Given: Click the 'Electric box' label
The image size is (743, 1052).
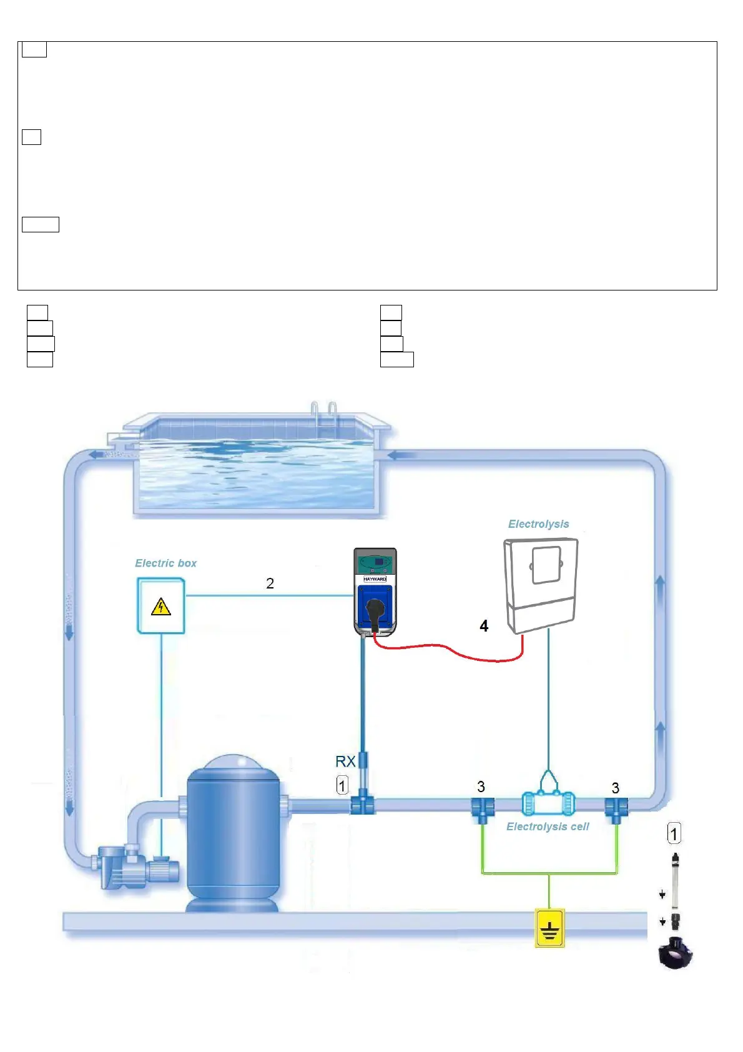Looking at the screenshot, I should point(165,563).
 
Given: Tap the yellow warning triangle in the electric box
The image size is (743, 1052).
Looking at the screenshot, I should point(161,607).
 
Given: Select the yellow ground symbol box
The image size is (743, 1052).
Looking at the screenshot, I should point(549,928).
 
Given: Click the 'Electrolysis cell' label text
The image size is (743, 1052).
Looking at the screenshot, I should point(548,826).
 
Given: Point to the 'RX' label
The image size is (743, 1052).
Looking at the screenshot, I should point(345,762).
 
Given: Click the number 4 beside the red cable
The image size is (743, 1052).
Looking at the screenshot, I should point(484,626).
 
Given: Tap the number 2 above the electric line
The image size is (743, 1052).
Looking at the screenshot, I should point(270,583).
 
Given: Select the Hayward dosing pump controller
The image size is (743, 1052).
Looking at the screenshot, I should point(375,591).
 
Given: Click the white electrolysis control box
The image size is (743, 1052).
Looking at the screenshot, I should point(540,583).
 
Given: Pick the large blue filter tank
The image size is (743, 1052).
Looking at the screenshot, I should point(233,834).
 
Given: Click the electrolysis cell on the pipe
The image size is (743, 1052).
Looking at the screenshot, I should point(548,803).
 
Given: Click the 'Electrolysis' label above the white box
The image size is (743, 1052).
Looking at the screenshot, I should point(538,524).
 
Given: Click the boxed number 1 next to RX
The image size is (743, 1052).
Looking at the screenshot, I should point(342,785).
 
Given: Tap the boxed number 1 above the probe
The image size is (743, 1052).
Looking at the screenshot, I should point(674,833).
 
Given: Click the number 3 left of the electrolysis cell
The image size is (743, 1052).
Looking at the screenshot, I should point(481,787).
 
